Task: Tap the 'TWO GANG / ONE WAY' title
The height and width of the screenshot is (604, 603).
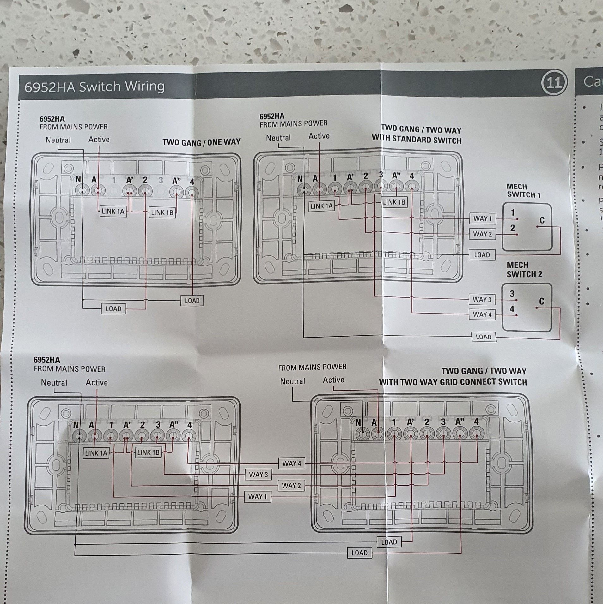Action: [201, 142]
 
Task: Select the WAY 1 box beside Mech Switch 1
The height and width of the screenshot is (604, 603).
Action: [482, 218]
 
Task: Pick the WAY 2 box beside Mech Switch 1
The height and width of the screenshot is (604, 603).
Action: [482, 234]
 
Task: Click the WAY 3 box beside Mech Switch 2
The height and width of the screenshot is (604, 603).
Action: [482, 299]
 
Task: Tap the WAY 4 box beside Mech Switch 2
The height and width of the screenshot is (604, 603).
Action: [482, 314]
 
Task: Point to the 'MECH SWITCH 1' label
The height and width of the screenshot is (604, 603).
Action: [524, 191]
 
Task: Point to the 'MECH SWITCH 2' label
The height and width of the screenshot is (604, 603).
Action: [524, 269]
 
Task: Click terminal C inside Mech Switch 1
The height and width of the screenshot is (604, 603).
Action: [542, 221]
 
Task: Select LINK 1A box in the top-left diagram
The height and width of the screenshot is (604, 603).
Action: [113, 211]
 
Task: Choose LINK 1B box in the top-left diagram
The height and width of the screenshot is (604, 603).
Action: [162, 212]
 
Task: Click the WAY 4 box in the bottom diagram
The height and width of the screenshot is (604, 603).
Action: [292, 463]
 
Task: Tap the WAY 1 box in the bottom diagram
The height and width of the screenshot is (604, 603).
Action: [257, 497]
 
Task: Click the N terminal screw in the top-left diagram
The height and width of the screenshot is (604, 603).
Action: [82, 191]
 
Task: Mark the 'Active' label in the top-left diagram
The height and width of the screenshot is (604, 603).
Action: [99, 139]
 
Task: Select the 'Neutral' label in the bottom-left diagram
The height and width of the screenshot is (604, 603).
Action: [54, 383]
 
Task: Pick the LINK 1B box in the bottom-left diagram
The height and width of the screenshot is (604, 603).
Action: [148, 452]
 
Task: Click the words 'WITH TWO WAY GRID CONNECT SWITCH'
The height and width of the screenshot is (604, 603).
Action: [453, 382]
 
